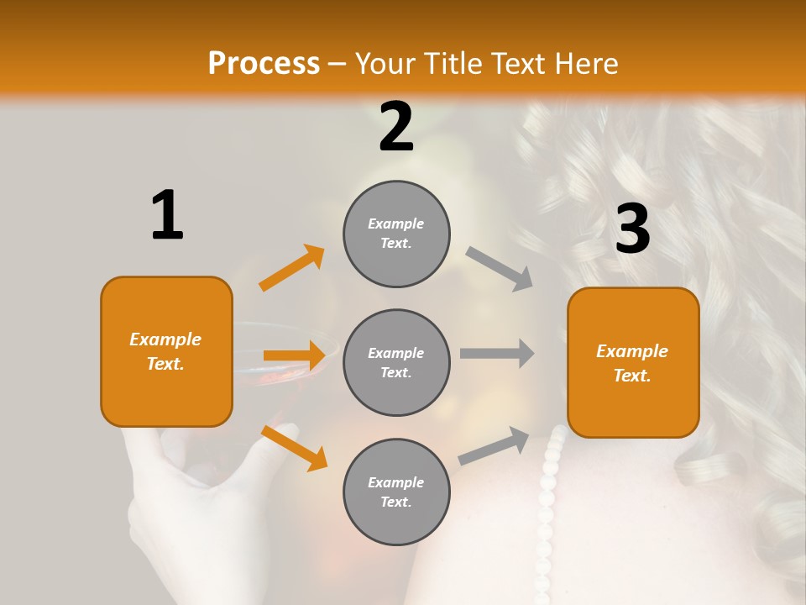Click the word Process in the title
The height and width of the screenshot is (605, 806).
(264, 64)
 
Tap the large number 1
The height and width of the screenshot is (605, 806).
(167, 215)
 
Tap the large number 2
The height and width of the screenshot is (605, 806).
(396, 127)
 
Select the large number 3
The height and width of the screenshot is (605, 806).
(632, 229)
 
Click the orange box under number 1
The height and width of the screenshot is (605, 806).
(166, 351)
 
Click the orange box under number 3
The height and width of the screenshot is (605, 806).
(633, 362)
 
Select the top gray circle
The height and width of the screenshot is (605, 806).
(396, 234)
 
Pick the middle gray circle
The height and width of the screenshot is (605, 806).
(396, 362)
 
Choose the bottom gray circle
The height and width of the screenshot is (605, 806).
(396, 492)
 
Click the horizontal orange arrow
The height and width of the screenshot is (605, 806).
(294, 355)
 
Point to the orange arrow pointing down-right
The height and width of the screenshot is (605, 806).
(294, 448)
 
